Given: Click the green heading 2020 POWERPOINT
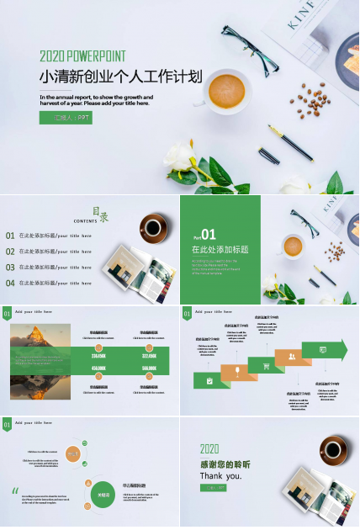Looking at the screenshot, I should (x=82, y=56).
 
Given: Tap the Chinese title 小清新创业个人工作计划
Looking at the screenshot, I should (x=121, y=77).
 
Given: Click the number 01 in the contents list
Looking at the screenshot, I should (x=10, y=236).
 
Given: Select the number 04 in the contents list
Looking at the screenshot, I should (x=10, y=283).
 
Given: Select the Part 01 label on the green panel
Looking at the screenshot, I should (x=204, y=236).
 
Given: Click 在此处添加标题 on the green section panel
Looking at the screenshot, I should (x=220, y=250).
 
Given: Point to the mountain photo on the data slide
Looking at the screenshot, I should (x=40, y=362).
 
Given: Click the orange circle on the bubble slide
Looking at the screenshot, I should (x=73, y=454).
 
